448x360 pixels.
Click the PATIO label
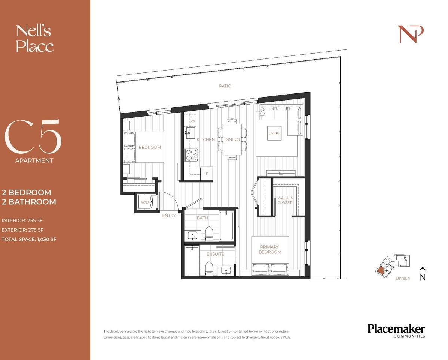click(225, 86)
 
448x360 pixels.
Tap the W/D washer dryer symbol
click(144, 202)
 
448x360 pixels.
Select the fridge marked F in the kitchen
click(206, 174)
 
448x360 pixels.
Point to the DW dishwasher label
click(193, 121)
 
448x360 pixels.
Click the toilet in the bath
click(209, 234)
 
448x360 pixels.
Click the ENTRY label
click(168, 216)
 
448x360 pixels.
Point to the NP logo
click(411, 34)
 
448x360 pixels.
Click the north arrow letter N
click(422, 277)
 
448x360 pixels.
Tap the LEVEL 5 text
click(403, 278)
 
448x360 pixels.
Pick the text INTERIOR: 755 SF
click(24, 220)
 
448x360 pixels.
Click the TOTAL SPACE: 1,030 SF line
click(29, 239)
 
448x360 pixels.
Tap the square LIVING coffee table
click(274, 133)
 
